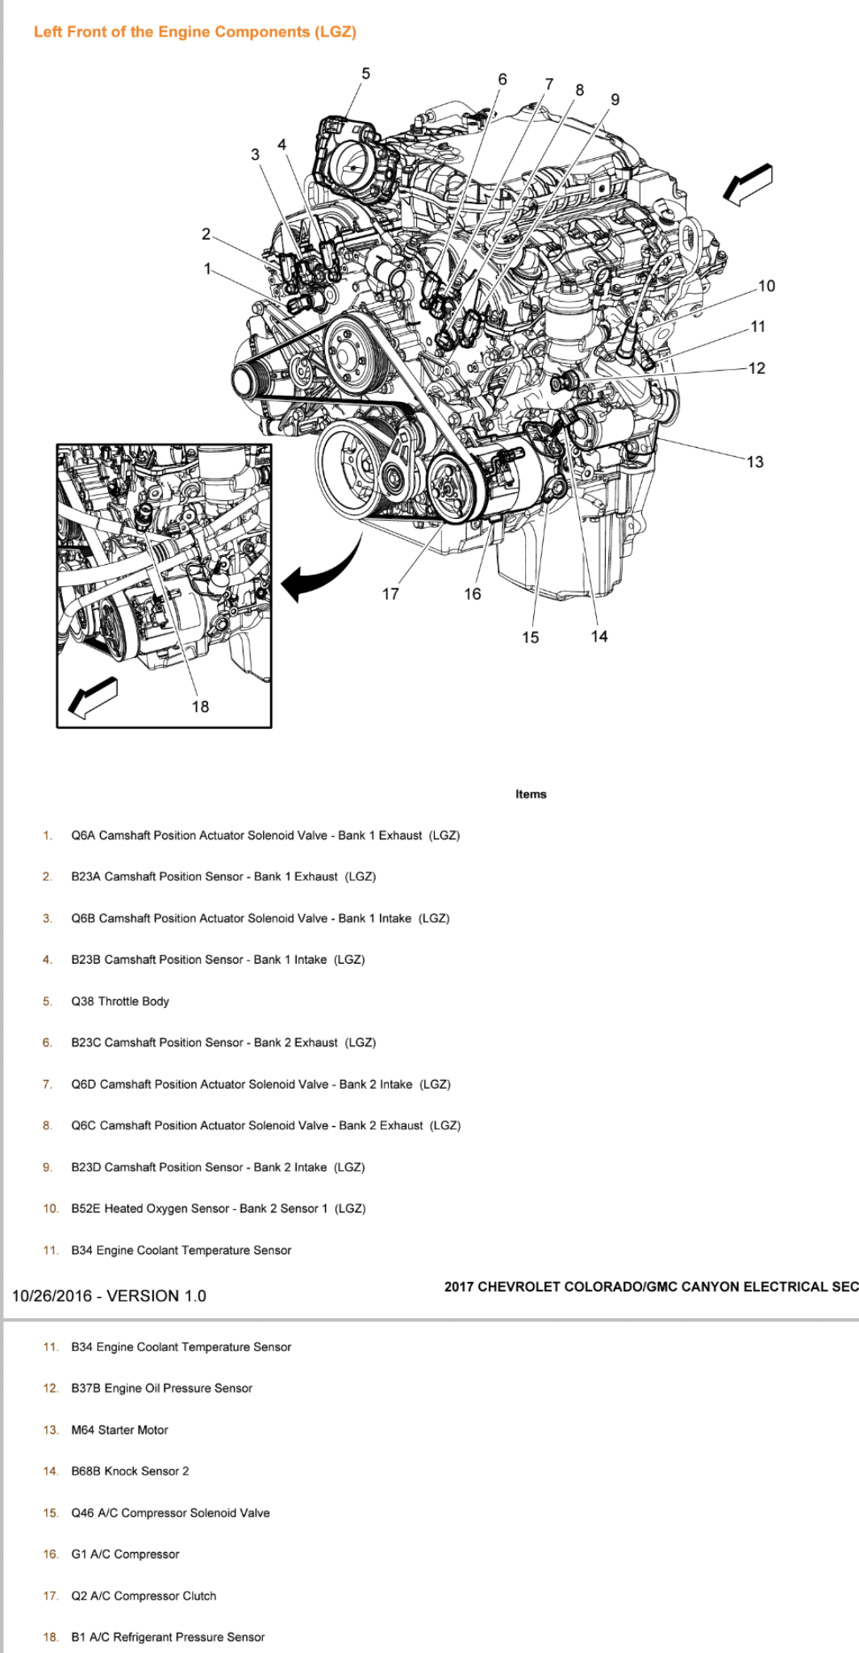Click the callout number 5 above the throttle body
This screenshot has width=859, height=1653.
(365, 73)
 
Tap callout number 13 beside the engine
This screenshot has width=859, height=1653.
(755, 462)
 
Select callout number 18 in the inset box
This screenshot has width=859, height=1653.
(200, 706)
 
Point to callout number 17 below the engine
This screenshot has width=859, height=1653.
(390, 594)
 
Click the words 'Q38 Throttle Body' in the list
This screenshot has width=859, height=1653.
(120, 1001)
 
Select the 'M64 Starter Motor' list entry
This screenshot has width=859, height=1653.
(119, 1429)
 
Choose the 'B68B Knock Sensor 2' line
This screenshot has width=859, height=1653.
(130, 1471)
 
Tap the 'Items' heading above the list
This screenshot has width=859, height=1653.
(531, 794)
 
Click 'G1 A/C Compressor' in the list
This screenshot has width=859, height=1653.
(125, 1554)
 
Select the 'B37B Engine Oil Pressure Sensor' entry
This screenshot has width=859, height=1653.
(161, 1388)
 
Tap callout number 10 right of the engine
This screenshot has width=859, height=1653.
(766, 286)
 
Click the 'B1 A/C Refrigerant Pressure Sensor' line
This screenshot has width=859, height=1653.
(168, 1637)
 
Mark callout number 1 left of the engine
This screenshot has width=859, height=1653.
(207, 268)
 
